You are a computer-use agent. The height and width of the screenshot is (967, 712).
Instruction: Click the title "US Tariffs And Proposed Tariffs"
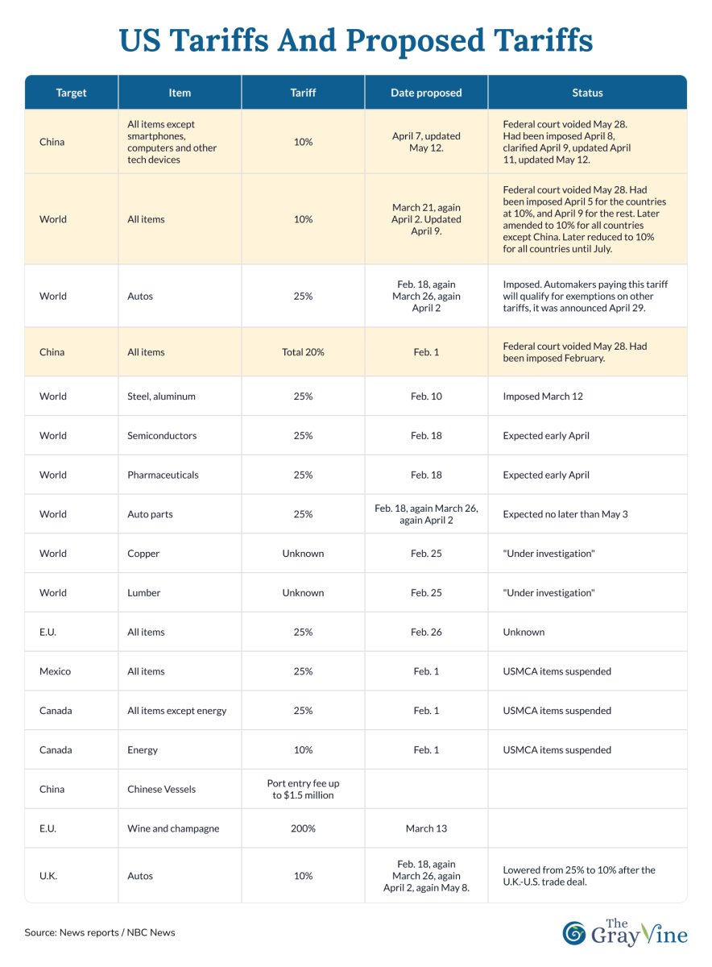pos(355,40)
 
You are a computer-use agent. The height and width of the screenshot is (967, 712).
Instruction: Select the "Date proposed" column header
pos(426,93)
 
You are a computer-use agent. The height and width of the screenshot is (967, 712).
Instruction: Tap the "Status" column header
pos(587,93)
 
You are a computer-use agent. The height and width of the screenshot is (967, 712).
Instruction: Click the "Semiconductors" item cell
pos(162,436)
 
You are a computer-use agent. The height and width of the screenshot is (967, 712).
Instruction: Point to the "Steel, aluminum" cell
pos(161,396)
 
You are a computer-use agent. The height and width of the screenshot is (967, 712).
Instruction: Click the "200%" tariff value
pos(303,828)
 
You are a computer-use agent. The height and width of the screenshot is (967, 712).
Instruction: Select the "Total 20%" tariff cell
pos(303,352)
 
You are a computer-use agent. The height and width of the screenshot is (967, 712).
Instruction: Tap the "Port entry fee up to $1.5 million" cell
pos(303,789)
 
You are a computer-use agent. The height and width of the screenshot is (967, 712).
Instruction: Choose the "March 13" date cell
pos(426,828)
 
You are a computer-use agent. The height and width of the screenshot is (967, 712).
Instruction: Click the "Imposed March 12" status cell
pos(543,396)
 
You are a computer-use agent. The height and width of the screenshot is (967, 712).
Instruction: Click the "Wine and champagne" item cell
pos(173,828)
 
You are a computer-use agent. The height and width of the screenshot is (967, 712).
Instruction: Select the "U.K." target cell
pos(51,876)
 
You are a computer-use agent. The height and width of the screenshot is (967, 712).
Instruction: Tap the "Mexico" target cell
pos(56,671)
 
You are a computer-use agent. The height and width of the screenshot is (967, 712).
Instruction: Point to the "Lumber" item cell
pos(144,593)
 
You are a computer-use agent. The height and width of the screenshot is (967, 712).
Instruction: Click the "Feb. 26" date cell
pos(426,633)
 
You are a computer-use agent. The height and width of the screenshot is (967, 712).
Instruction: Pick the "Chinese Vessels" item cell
pos(161,790)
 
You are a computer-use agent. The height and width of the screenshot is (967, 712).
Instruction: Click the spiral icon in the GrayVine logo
pos(575,932)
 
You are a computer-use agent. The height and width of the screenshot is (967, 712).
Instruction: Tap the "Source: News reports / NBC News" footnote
pos(100,932)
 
